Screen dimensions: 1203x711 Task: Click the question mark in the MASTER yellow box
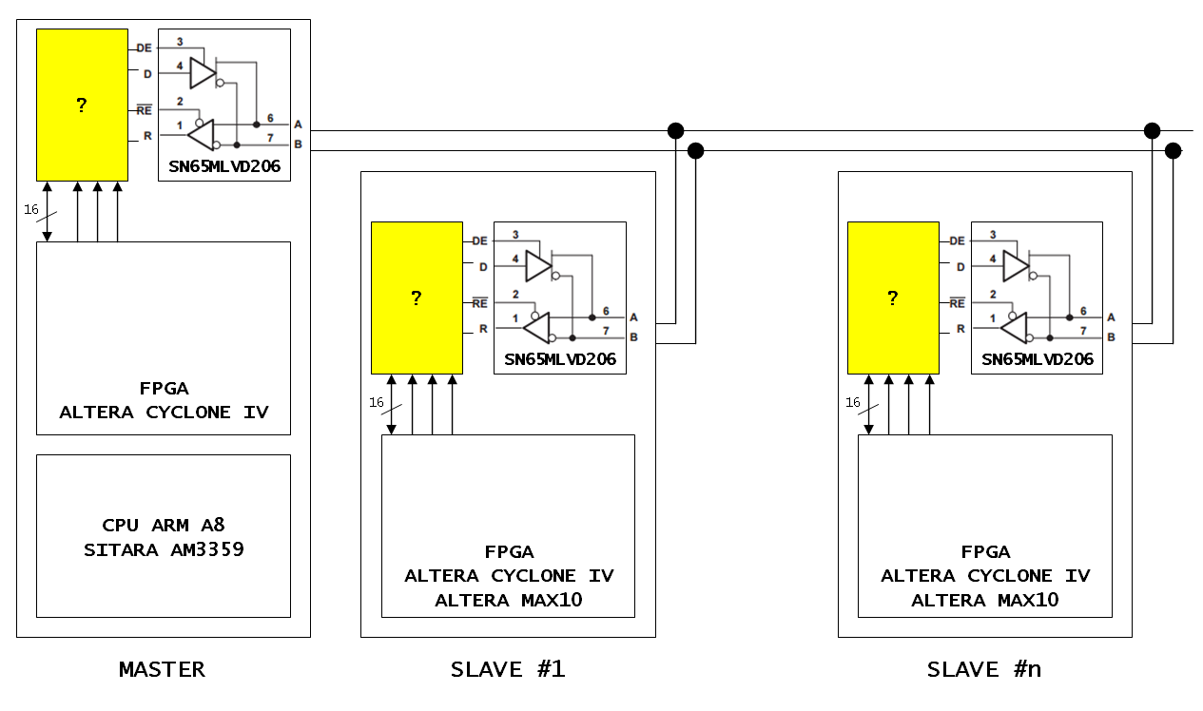tap(81, 106)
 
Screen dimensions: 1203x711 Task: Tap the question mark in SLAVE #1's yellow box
tap(417, 298)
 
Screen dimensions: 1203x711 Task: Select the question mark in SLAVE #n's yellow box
tap(893, 298)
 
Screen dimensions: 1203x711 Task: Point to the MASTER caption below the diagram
tap(163, 670)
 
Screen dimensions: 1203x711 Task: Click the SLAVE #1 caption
tap(508, 670)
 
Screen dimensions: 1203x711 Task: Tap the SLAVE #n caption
tap(984, 670)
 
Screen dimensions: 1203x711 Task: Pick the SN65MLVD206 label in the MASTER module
tap(224, 166)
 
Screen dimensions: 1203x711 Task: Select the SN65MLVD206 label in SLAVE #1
tap(560, 359)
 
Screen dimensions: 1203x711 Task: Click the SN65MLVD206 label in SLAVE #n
tap(1038, 359)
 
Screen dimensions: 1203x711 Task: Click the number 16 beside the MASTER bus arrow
tap(31, 209)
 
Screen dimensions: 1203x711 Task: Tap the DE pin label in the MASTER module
tap(144, 48)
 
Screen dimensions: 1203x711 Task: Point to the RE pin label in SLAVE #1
tap(479, 303)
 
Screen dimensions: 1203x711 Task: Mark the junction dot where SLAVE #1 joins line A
tap(675, 130)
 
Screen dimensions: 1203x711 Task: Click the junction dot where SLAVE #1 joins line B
tap(695, 151)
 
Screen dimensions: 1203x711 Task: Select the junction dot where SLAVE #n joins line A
tap(1152, 130)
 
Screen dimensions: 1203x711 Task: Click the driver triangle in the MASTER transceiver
tap(203, 73)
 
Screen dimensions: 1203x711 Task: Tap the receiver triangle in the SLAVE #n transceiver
tap(1014, 328)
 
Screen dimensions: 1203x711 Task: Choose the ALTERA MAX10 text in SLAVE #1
tap(508, 600)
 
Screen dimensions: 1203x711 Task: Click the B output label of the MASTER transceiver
tap(298, 144)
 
